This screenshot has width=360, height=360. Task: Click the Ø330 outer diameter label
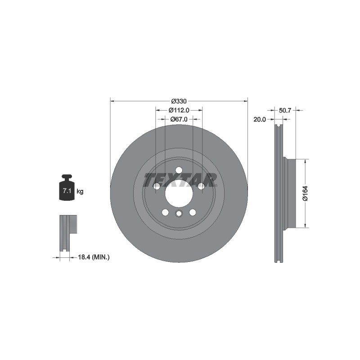pyautogui.click(x=179, y=101)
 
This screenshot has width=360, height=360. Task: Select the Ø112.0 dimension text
pyautogui.click(x=179, y=110)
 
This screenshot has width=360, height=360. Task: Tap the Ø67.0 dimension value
pyautogui.click(x=179, y=119)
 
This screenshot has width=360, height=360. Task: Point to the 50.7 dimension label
pyautogui.click(x=285, y=110)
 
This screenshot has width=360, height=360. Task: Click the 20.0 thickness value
pyautogui.click(x=260, y=119)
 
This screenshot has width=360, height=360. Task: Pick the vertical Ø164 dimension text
pyautogui.click(x=305, y=193)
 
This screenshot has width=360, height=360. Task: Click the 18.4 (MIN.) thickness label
pyautogui.click(x=94, y=257)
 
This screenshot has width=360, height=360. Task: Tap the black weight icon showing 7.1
pyautogui.click(x=67, y=187)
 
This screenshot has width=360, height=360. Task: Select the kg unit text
pyautogui.click(x=80, y=191)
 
